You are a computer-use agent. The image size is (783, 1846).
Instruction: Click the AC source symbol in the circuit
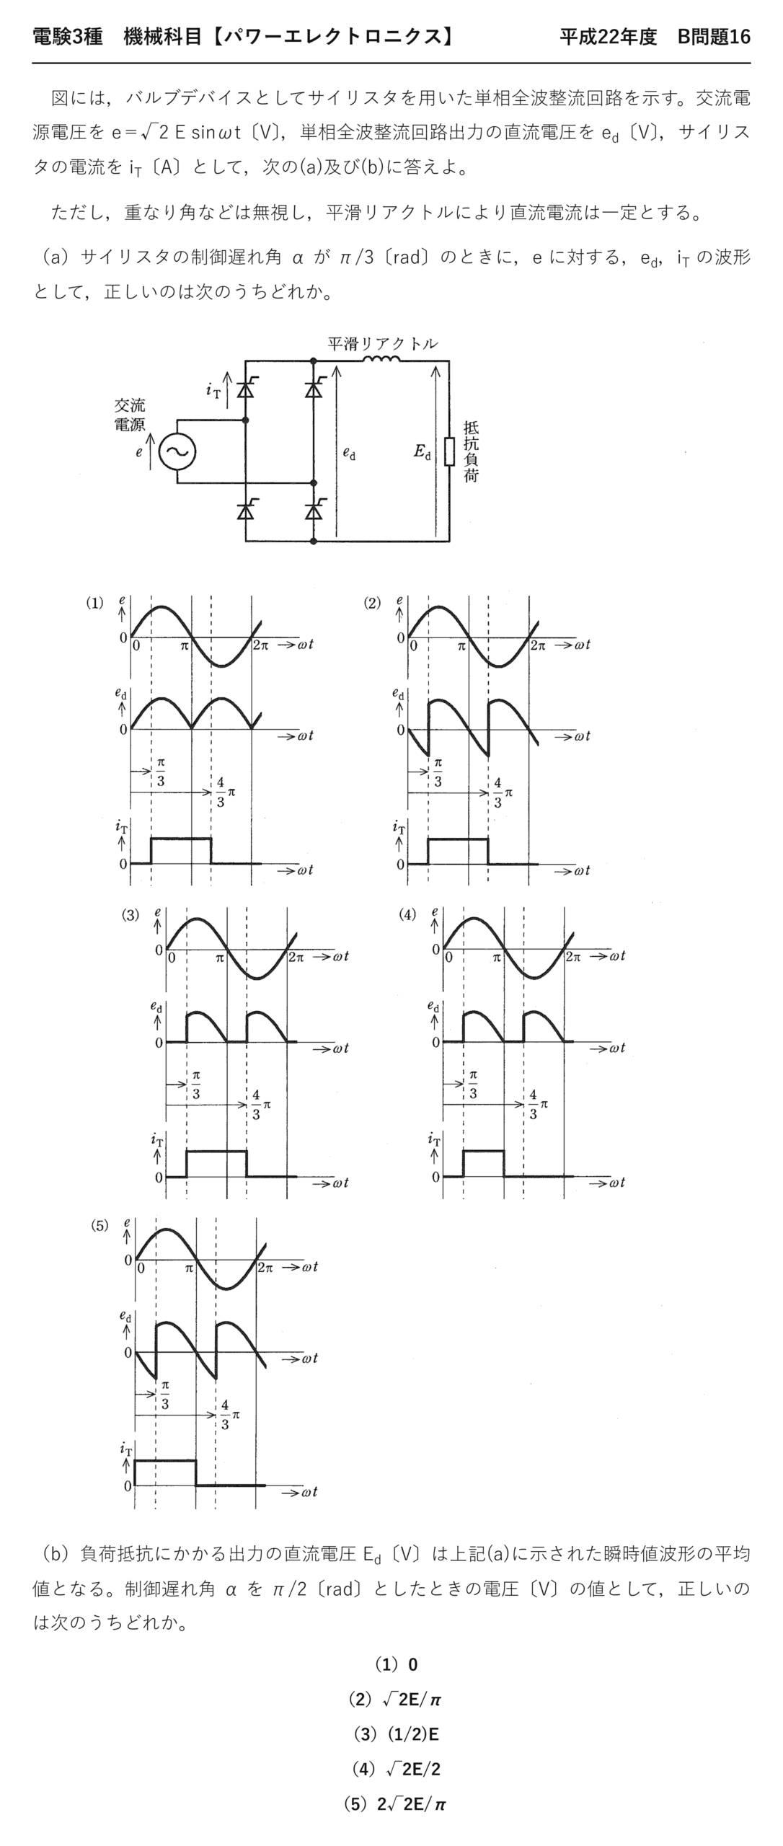tap(177, 451)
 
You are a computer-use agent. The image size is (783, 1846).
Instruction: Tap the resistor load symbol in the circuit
tap(449, 451)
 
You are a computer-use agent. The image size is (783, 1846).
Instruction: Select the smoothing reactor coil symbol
tap(382, 359)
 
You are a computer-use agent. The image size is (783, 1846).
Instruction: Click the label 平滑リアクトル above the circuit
tap(382, 343)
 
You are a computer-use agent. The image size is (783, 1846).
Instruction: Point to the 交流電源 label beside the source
tap(130, 415)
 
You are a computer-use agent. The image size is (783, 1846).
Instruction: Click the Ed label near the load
tap(423, 452)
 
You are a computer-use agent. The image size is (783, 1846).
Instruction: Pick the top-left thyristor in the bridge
tap(246, 389)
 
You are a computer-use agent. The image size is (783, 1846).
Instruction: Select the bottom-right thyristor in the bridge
tap(313, 510)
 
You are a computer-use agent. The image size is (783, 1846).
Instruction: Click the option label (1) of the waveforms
tap(94, 604)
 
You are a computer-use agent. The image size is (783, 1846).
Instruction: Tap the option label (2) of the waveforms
tap(372, 604)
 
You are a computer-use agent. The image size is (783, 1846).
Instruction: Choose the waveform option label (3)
tap(130, 915)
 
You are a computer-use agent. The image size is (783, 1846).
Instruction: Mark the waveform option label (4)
tap(407, 915)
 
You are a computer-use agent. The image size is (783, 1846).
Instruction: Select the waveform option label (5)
tap(99, 1225)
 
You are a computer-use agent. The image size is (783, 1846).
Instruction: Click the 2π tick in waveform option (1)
tap(260, 646)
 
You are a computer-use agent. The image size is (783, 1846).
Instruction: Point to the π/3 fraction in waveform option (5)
tap(165, 1394)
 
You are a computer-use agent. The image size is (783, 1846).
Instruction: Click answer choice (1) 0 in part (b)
tap(396, 1664)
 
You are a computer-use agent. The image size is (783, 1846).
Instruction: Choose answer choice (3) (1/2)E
tap(396, 1734)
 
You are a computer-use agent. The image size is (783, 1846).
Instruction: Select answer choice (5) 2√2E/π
tap(395, 1804)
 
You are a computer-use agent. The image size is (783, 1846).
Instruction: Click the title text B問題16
tap(714, 37)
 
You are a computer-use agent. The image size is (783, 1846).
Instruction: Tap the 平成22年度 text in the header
tap(609, 37)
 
